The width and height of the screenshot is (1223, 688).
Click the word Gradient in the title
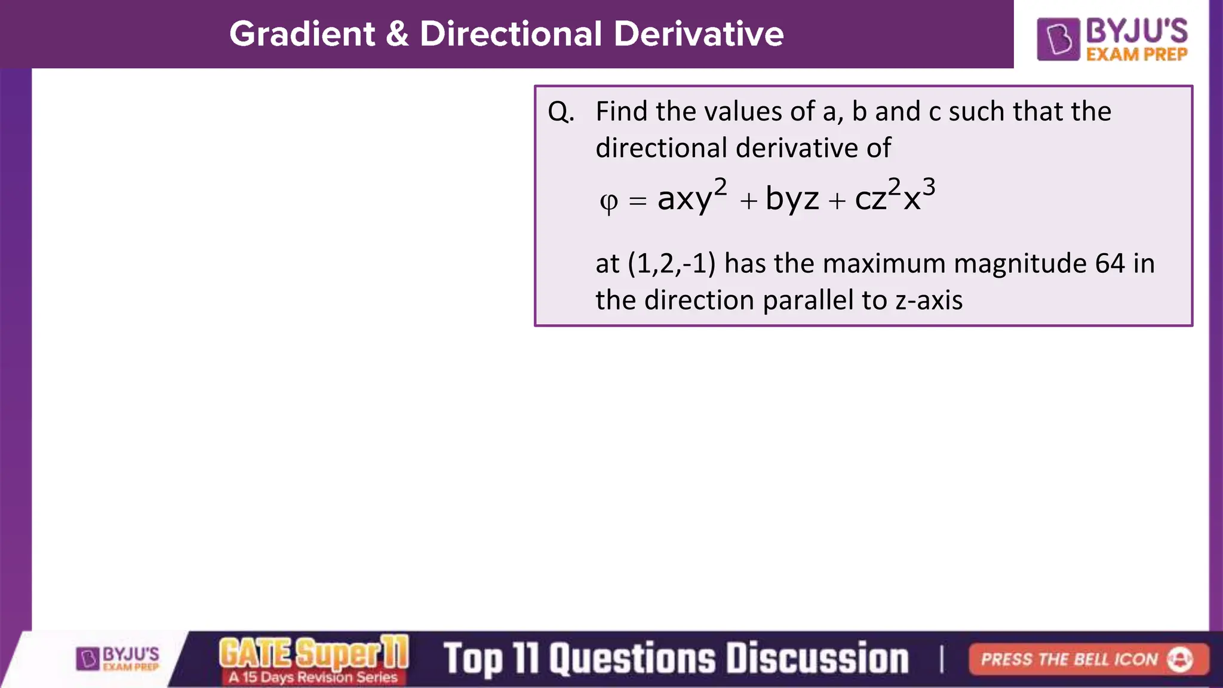tap(302, 34)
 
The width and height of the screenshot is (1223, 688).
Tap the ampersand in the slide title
tap(397, 34)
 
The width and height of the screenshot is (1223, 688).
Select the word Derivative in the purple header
tap(698, 34)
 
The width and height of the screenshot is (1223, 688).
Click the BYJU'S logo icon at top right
tap(1058, 39)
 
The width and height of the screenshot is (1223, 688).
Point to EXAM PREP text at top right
tap(1136, 54)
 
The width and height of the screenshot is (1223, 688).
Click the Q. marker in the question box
tap(561, 112)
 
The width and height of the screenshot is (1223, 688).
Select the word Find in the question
tap(622, 112)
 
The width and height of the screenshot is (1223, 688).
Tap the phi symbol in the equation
tap(609, 202)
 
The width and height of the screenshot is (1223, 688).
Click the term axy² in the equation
tap(692, 197)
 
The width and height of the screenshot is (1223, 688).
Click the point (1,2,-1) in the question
tap(671, 263)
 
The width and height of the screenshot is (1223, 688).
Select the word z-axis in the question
tap(929, 300)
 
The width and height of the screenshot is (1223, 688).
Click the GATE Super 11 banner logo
tap(314, 659)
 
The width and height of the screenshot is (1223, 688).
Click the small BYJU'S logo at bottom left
tap(118, 659)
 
